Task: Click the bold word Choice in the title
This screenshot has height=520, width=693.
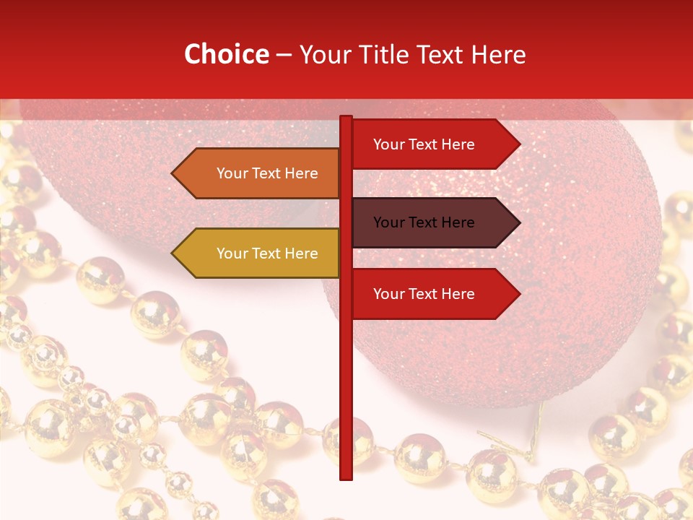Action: (x=227, y=54)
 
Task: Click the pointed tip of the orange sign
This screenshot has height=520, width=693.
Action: (x=173, y=173)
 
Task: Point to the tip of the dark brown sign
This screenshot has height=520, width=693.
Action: (x=518, y=222)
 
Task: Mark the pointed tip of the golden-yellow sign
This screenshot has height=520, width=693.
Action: (x=173, y=253)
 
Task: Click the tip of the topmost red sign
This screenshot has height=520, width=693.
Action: (x=518, y=144)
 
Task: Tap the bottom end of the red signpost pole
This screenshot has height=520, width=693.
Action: (x=346, y=477)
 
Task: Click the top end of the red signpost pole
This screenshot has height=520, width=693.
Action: (x=346, y=118)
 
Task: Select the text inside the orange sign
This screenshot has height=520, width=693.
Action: (x=267, y=173)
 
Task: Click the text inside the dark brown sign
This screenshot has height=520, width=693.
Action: (x=424, y=222)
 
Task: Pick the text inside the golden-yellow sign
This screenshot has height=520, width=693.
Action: (x=267, y=253)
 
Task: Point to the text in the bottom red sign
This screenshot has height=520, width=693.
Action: (x=424, y=294)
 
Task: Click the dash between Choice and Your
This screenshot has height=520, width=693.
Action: (x=284, y=55)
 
